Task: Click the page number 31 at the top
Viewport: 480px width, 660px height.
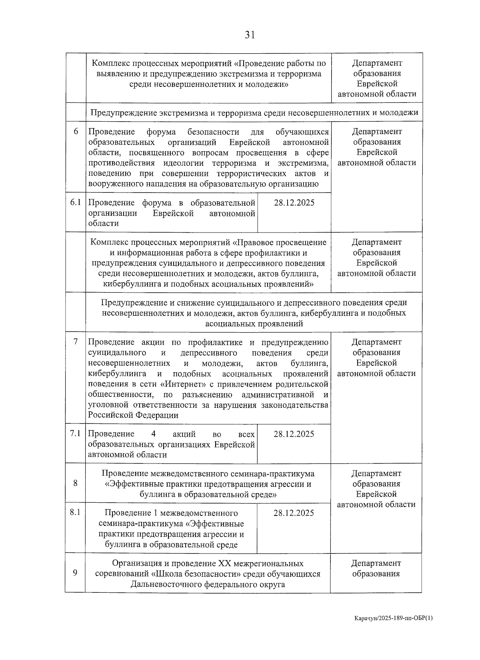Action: pyautogui.click(x=250, y=35)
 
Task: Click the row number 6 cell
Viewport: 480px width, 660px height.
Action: pyautogui.click(x=76, y=132)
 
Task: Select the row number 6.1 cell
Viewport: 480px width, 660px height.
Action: pyautogui.click(x=76, y=203)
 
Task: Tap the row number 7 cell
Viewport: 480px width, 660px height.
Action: pyautogui.click(x=76, y=342)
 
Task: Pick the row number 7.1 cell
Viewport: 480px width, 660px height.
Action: pyautogui.click(x=75, y=434)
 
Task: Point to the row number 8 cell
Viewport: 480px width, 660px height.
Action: pyautogui.click(x=76, y=483)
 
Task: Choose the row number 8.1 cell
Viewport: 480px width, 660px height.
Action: pyautogui.click(x=75, y=513)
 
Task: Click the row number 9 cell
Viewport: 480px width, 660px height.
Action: pyautogui.click(x=75, y=573)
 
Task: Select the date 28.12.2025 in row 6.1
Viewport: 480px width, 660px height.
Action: pyautogui.click(x=294, y=203)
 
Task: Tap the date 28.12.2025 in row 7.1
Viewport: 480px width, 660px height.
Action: pyautogui.click(x=294, y=434)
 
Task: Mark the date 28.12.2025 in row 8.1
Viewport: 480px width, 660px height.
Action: pyautogui.click(x=294, y=513)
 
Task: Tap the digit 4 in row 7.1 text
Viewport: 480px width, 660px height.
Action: pyautogui.click(x=154, y=434)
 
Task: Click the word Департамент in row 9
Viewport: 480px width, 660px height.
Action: pyautogui.click(x=376, y=563)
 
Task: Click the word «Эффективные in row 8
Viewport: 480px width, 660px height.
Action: pyautogui.click(x=130, y=484)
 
